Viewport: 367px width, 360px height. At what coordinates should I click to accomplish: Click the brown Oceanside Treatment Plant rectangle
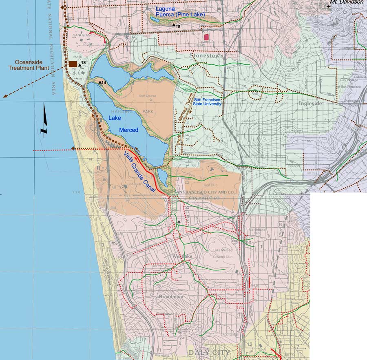[73, 64]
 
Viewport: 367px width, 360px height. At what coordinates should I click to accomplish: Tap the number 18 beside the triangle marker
[83, 62]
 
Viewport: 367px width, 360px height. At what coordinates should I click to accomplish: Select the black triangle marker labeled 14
[99, 82]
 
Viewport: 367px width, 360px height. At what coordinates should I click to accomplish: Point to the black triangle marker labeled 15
[173, 26]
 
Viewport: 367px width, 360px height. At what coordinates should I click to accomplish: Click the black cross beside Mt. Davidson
[329, 7]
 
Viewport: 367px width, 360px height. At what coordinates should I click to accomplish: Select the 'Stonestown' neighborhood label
[206, 54]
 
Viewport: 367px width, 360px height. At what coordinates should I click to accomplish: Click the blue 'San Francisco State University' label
[208, 102]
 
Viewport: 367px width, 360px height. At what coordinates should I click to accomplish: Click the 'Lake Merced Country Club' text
[223, 253]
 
